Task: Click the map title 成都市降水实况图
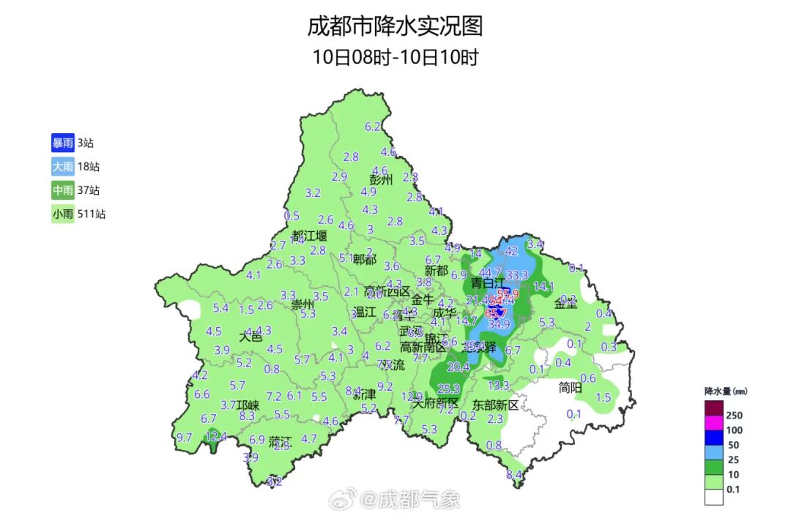click(395, 27)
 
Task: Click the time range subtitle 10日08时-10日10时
click(395, 57)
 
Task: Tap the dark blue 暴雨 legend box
click(62, 143)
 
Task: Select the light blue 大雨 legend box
click(62, 167)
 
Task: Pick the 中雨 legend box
click(62, 191)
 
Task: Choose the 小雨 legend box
click(62, 214)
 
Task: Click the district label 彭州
click(381, 179)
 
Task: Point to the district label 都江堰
click(309, 236)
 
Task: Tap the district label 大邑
click(250, 337)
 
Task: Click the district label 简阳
click(570, 388)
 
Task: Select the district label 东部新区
click(495, 405)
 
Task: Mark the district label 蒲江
click(280, 442)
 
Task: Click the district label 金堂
click(565, 304)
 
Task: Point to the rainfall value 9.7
click(185, 438)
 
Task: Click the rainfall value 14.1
click(543, 287)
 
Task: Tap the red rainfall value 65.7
click(496, 313)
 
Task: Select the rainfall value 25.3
click(448, 388)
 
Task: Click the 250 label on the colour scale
click(734, 415)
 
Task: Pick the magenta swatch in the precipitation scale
click(714, 423)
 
